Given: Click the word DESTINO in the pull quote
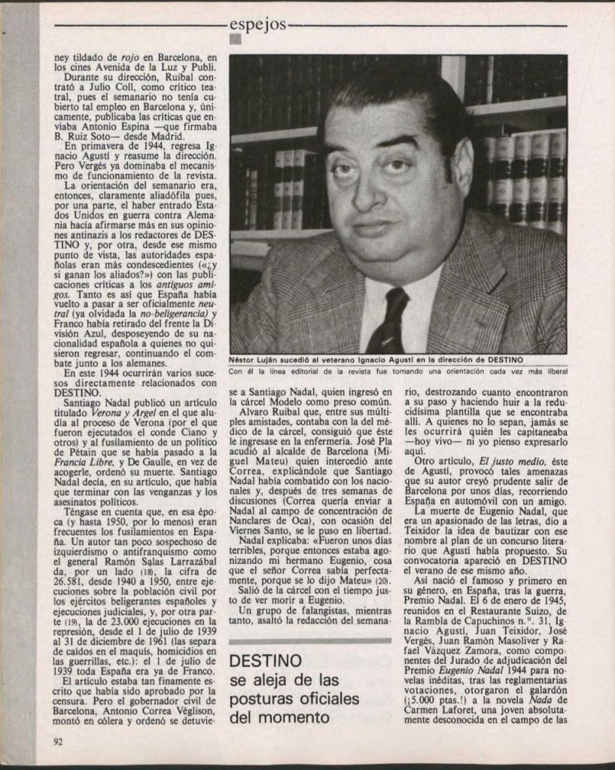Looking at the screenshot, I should click(x=264, y=660).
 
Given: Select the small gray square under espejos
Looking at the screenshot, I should click(x=234, y=41).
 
